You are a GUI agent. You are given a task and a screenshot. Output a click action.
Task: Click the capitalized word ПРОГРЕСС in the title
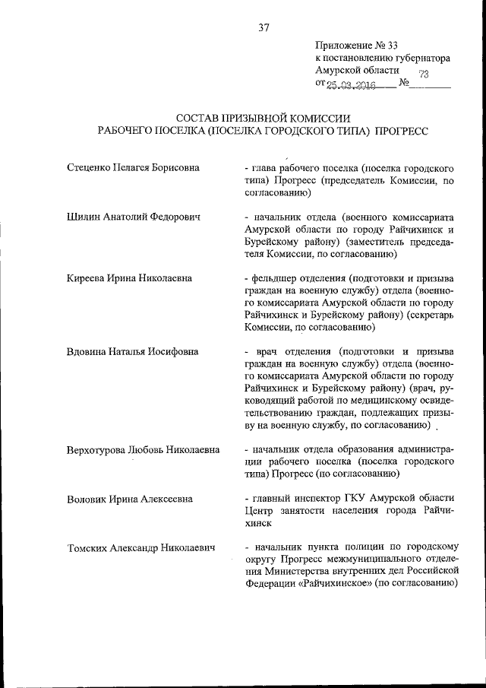pyautogui.click(x=402, y=131)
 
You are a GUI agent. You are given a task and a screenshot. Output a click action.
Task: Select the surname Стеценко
pyautogui.click(x=90, y=166)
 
